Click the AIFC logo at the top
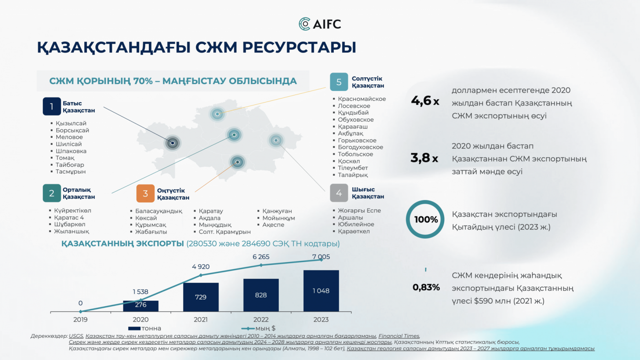pyautogui.click(x=320, y=24)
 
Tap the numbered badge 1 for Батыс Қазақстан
pyautogui.click(x=52, y=106)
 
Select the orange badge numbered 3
pyautogui.click(x=145, y=193)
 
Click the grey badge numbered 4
pyautogui.click(x=339, y=193)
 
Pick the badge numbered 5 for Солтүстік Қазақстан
pyautogui.click(x=339, y=82)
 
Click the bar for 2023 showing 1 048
pyautogui.click(x=321, y=291)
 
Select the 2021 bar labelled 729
pyautogui.click(x=201, y=297)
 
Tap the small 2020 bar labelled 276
pyautogui.click(x=140, y=306)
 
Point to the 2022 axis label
pyautogui.click(x=261, y=320)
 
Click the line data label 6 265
pyautogui.click(x=261, y=257)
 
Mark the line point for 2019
pyautogui.click(x=80, y=311)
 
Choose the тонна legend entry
pyautogui.click(x=145, y=328)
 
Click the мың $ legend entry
pyautogui.click(x=258, y=328)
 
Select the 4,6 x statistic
pyautogui.click(x=425, y=101)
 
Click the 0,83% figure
pyautogui.click(x=426, y=287)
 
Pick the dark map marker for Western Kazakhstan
pyautogui.click(x=172, y=142)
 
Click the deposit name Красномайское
pyautogui.click(x=362, y=99)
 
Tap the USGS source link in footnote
pyautogui.click(x=76, y=336)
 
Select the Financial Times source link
pyautogui.click(x=399, y=336)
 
